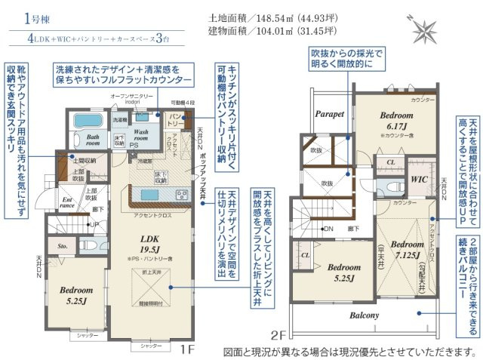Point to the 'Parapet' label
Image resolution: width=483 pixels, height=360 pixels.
[x=329, y=113]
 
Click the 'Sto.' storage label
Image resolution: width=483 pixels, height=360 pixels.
[x=63, y=245]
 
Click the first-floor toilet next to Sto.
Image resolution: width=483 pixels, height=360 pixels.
[x=88, y=245]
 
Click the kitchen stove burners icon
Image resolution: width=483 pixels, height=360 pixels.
[x=182, y=195]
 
